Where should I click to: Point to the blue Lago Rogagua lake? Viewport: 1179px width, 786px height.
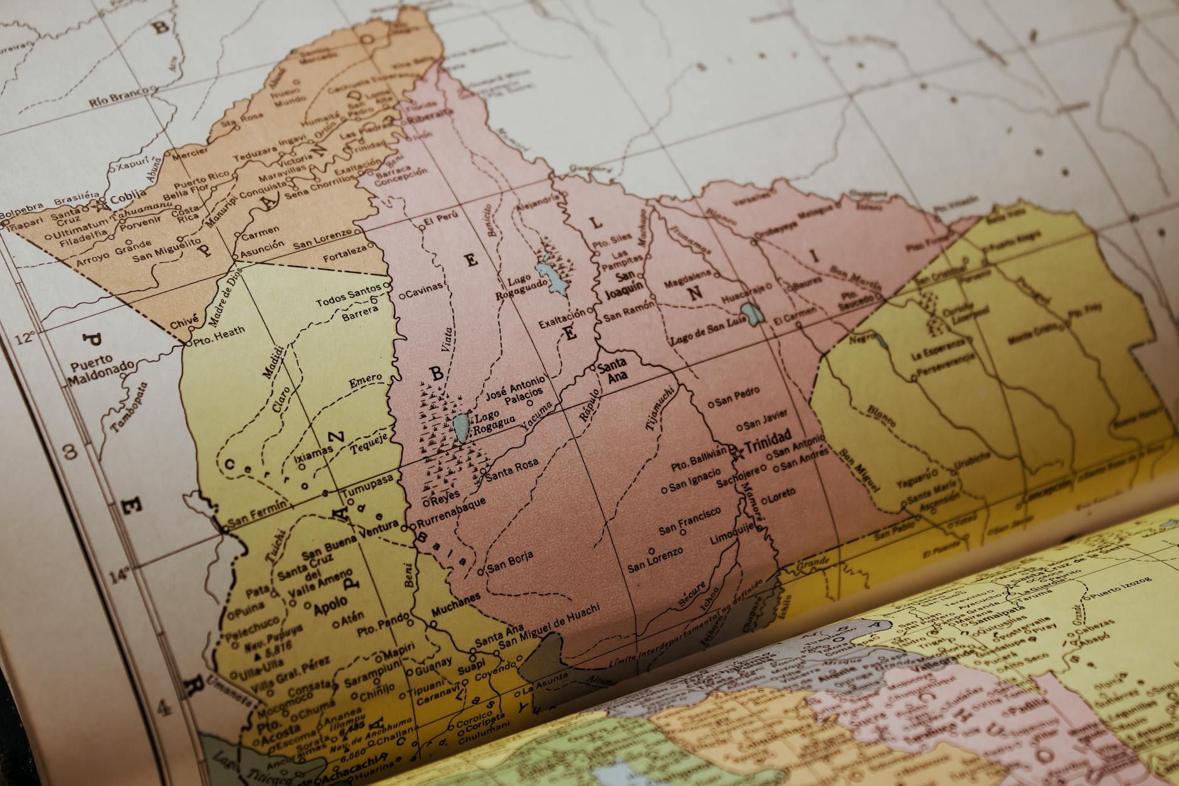coord(460,427)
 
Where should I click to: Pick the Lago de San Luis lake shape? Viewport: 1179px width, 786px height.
coord(750,312)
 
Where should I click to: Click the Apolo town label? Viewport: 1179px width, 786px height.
coord(330,605)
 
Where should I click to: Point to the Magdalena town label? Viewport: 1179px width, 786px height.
coord(687,279)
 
